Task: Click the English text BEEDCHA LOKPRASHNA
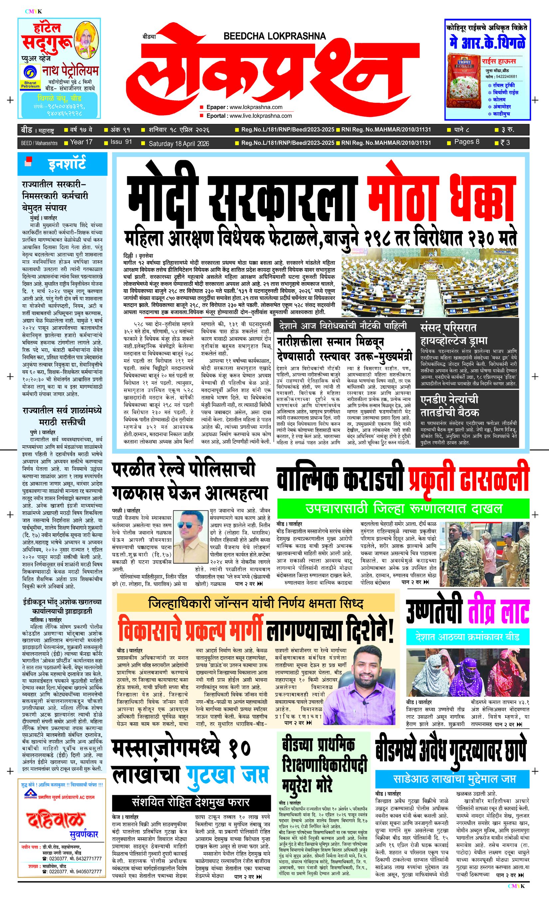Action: pyautogui.click(x=274, y=36)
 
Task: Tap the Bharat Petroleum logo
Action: pyautogui.click(x=30, y=77)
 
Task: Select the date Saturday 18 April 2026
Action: pyautogui.click(x=179, y=144)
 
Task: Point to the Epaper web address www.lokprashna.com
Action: pyautogui.click(x=256, y=107)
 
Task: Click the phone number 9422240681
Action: pyautogui.click(x=506, y=77)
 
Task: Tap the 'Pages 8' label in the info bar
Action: pyautogui.click(x=466, y=142)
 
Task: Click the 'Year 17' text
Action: pyautogui.click(x=81, y=142)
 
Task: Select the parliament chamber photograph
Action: pyautogui.click(x=430, y=283)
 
